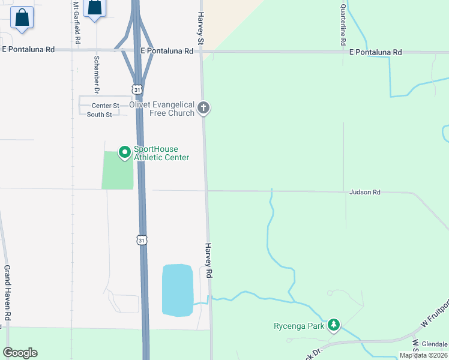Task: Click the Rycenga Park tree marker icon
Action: pos(334,325)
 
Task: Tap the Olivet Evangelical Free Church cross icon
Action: pos(203,108)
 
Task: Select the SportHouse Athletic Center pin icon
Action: pos(124,153)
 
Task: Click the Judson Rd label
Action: pos(365,192)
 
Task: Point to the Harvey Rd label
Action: pos(209,260)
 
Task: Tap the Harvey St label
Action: pos(202,28)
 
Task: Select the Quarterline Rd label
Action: pos(343,25)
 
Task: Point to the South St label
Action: pos(99,115)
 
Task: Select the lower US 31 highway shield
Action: pos(142,240)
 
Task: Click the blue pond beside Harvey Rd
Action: pos(177,290)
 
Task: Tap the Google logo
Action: pos(20,353)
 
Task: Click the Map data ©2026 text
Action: pos(423,355)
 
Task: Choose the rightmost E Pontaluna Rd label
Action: pos(376,53)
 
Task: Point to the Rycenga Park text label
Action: pos(300,326)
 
